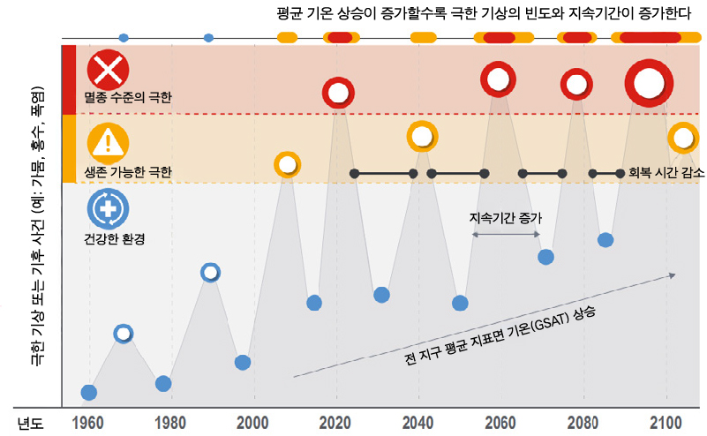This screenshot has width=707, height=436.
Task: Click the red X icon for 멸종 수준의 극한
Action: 109,69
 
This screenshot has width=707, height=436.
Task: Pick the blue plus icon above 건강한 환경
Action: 109,209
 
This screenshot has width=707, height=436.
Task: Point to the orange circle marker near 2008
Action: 286,164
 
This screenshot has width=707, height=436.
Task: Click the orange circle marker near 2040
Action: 422,137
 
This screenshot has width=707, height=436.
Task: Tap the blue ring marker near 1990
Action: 210,272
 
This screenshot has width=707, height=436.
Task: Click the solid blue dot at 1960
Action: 88,393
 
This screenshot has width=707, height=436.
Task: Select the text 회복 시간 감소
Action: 665,174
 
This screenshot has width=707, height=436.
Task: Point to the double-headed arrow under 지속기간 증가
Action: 506,234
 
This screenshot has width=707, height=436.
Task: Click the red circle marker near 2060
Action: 498,79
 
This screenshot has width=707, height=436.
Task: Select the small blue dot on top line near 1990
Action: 209,37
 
